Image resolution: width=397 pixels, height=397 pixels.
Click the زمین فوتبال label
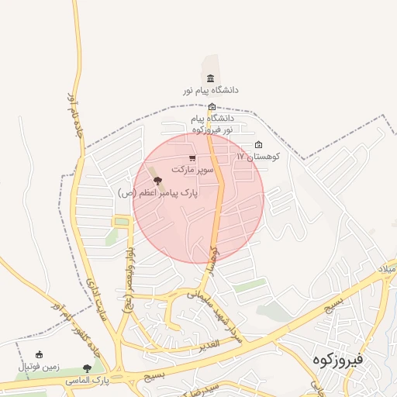click(38, 365)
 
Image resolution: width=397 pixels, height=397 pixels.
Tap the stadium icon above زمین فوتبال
click(39, 354)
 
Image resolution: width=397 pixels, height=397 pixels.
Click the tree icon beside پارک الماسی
click(87, 368)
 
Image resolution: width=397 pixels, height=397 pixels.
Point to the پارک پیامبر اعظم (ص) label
click(158, 192)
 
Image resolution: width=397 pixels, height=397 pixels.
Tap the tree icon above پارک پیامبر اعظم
click(158, 181)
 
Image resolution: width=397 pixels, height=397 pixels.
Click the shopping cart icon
click(192, 157)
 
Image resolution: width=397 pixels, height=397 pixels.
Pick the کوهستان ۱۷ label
click(261, 156)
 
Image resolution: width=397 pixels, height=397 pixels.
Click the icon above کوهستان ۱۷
click(258, 145)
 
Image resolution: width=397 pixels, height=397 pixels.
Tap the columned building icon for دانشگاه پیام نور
click(210, 78)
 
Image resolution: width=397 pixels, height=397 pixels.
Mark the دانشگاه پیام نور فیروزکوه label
click(212, 124)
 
